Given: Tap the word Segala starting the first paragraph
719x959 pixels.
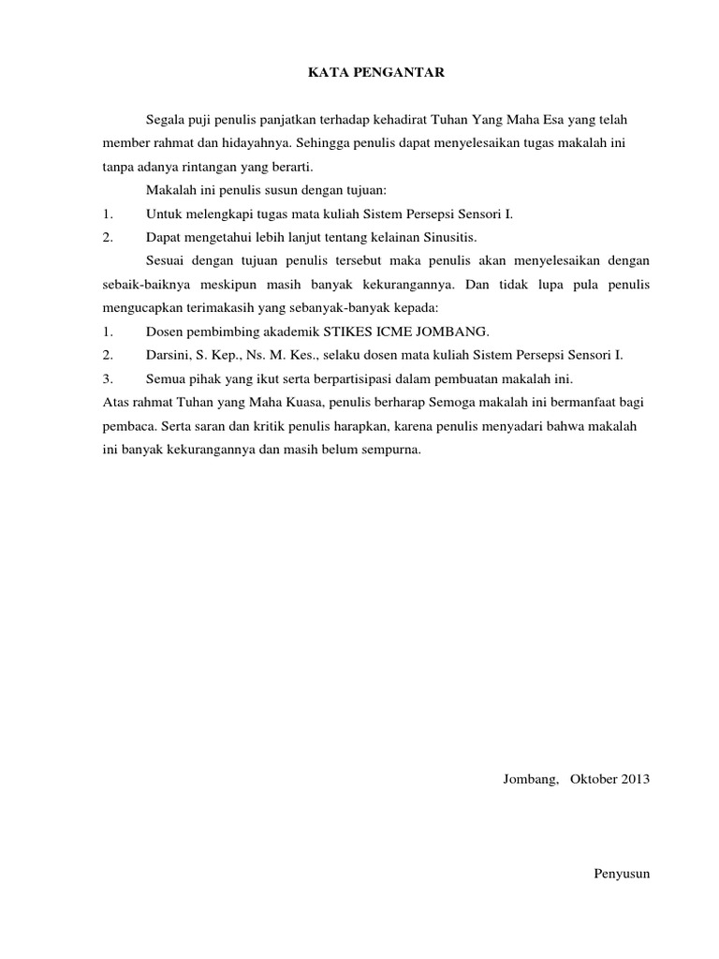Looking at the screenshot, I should point(165,120).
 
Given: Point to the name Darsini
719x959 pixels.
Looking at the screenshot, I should point(167,355).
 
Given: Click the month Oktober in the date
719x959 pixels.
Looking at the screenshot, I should point(594,779).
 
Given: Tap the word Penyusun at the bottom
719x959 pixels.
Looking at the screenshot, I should point(622,874).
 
